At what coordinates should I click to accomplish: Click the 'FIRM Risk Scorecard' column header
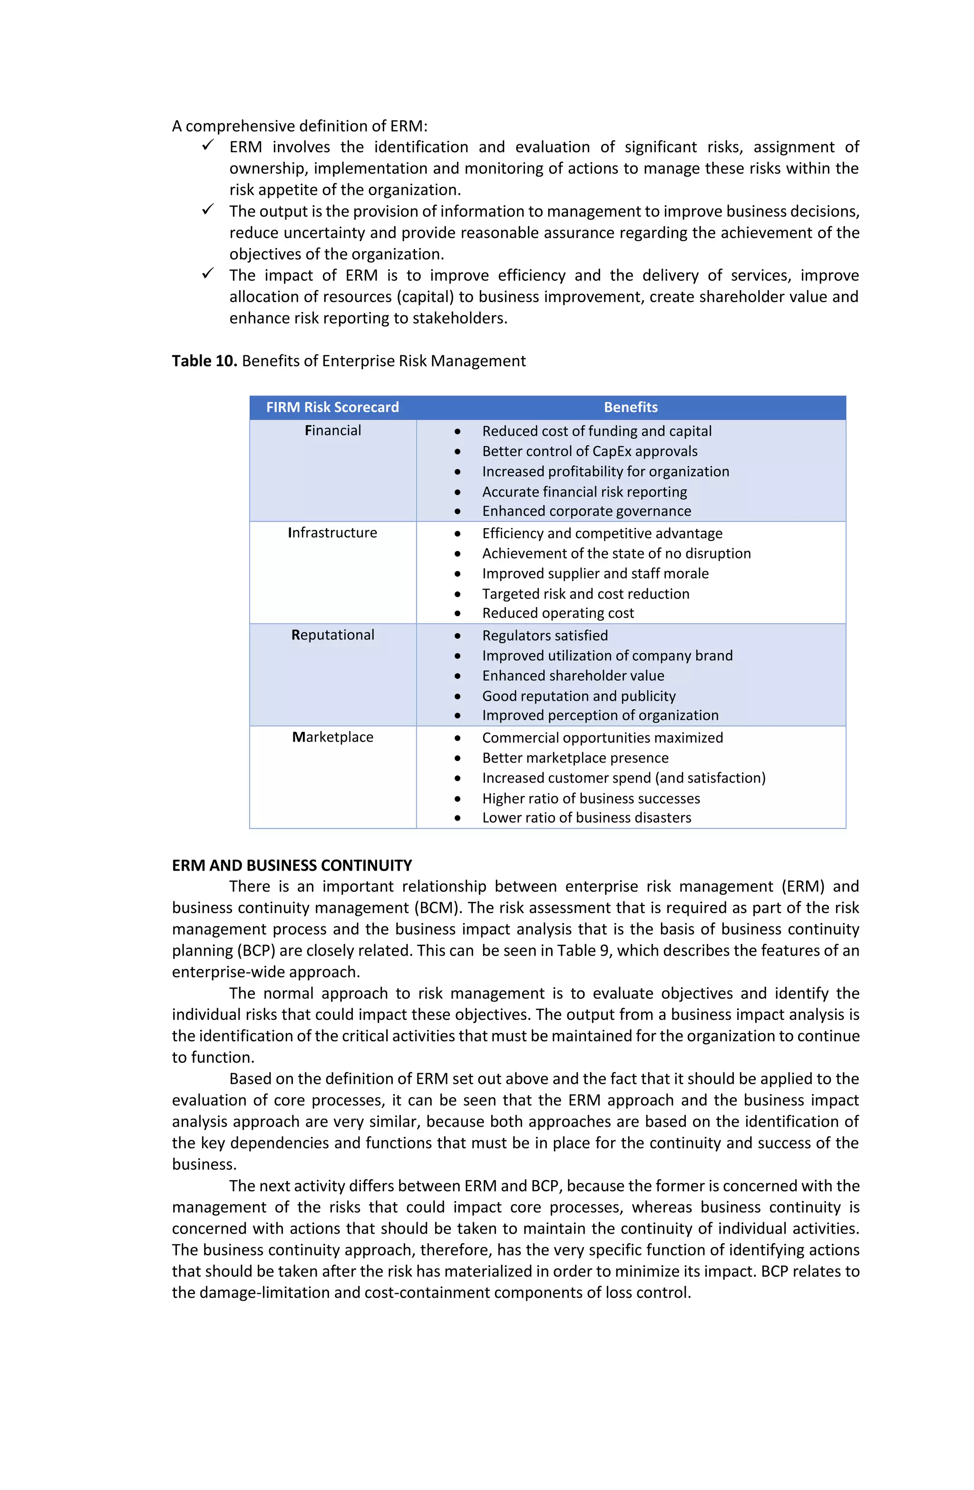point(332,407)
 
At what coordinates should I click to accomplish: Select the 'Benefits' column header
point(630,407)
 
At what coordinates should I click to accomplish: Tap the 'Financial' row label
point(332,430)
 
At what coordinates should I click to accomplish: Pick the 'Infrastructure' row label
point(332,532)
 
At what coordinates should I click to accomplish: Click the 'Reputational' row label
point(332,635)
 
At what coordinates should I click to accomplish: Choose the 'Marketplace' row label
point(332,737)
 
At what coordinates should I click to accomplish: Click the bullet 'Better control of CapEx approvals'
point(589,451)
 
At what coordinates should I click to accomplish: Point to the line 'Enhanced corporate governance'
point(586,511)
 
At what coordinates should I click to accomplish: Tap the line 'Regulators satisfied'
point(545,636)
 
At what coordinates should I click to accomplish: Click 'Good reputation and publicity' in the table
point(578,696)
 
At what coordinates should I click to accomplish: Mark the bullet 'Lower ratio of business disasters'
point(586,818)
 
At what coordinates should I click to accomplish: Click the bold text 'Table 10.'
point(204,361)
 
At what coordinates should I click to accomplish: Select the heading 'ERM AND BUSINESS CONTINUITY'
point(292,865)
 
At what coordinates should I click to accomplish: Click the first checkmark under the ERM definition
point(208,145)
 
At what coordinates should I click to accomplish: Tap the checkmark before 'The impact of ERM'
point(208,274)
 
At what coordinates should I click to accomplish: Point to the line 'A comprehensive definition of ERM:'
point(299,126)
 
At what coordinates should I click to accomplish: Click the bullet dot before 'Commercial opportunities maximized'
point(458,738)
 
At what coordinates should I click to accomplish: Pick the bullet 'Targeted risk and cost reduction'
point(585,594)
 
